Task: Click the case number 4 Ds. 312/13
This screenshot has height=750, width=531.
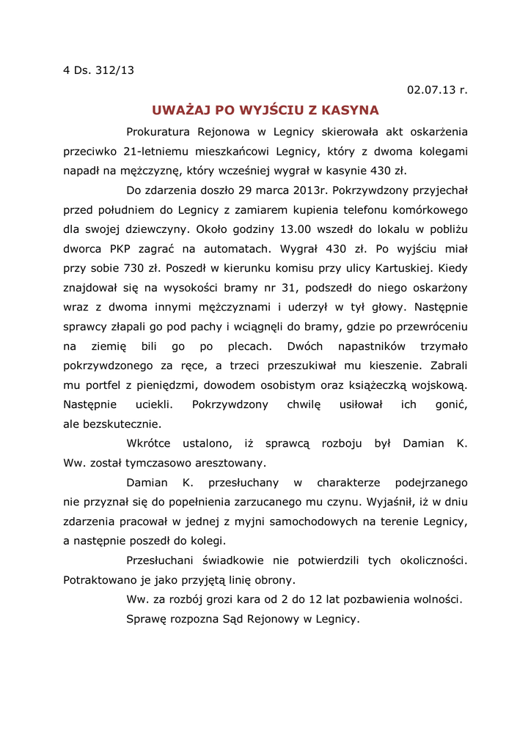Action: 98,70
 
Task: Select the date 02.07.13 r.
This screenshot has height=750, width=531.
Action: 437,90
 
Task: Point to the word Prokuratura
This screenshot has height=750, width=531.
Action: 158,132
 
